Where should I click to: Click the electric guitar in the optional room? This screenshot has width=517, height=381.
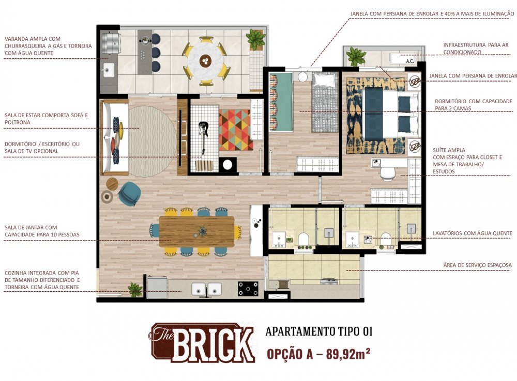point(203,137)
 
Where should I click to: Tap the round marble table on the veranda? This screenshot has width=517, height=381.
point(205,61)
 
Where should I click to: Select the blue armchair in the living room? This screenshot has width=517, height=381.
point(130,193)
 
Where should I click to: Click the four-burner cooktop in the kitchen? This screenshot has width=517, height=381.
point(248,289)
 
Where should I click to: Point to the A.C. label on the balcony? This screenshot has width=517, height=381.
point(410,61)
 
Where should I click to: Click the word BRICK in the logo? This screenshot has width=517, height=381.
point(213,344)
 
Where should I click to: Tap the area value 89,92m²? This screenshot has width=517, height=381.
point(348,354)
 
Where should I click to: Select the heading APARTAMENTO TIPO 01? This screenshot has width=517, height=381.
point(319,331)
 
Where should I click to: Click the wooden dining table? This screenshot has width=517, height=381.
point(197,231)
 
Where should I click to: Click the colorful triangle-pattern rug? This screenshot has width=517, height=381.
point(236,130)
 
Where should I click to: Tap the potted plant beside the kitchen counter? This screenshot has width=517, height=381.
point(135,290)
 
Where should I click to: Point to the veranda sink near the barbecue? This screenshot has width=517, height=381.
point(109,70)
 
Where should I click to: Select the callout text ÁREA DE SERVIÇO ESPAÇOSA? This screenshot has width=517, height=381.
point(477,265)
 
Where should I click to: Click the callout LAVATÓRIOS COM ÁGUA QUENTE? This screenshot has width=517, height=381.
point(472,233)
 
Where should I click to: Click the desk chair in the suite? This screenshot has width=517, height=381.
point(387,174)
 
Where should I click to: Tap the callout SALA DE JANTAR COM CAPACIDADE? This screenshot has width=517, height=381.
point(42,231)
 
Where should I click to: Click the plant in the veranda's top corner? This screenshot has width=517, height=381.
point(256,39)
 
